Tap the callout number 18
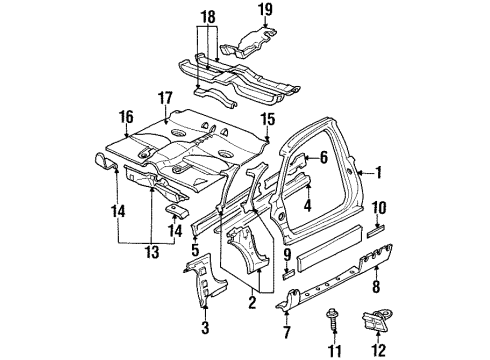(x=207, y=18)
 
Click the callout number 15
(x=267, y=119)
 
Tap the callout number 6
(x=325, y=157)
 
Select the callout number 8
(x=375, y=286)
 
